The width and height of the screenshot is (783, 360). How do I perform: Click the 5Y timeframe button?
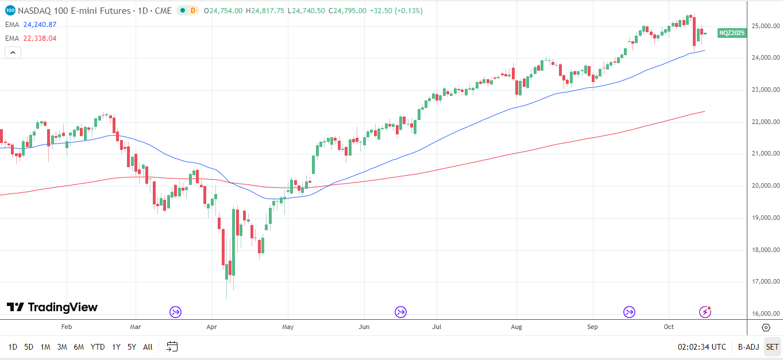pos(132,347)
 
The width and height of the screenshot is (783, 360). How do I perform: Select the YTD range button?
pos(98,347)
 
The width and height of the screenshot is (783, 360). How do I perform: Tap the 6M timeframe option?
pos(79,347)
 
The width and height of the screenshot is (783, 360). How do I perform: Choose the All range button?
pos(148,347)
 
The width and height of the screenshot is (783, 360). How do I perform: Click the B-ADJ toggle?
pos(749,347)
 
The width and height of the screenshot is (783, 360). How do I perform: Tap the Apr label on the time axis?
pos(212,327)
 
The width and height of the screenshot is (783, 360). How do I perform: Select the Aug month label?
pos(516,327)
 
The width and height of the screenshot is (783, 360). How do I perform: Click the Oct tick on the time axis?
pos(668,327)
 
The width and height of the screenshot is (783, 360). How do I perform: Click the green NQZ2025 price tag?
pos(732,33)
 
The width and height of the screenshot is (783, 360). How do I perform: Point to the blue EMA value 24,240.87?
pos(40,24)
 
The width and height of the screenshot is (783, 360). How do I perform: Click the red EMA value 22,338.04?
pos(40,38)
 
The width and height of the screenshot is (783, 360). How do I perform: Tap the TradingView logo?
pos(52,307)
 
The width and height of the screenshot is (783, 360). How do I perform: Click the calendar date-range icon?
pos(172,346)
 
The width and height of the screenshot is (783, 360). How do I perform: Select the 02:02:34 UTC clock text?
pos(701,347)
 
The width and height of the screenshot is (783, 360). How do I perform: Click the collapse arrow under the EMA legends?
pos(13,52)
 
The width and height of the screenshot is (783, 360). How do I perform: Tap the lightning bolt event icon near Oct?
pos(705,312)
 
